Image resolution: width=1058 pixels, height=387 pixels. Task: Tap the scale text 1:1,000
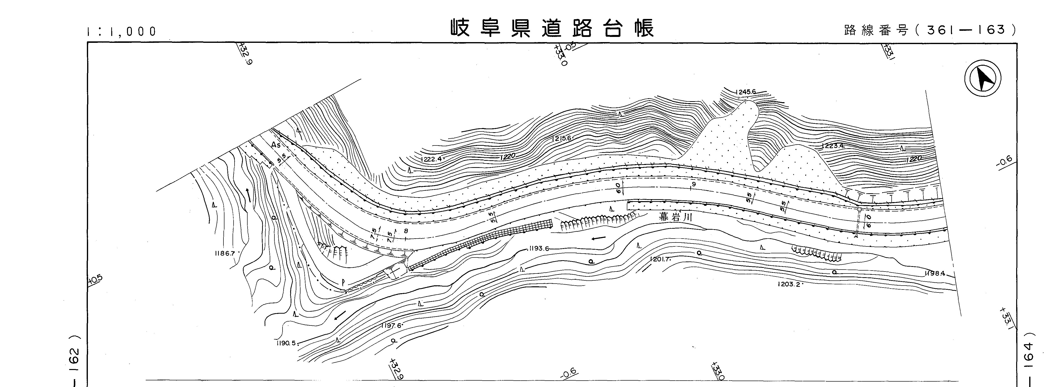tap(122, 32)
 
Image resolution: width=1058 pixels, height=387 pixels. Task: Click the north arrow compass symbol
tap(982, 79)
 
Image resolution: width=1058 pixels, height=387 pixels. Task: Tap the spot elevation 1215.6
tap(561, 138)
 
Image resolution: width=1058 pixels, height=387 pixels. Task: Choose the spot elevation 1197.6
tap(391, 326)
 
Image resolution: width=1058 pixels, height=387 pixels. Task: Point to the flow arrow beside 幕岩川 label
tap(599, 238)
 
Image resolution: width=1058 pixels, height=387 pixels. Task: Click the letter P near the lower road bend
tap(342, 283)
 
